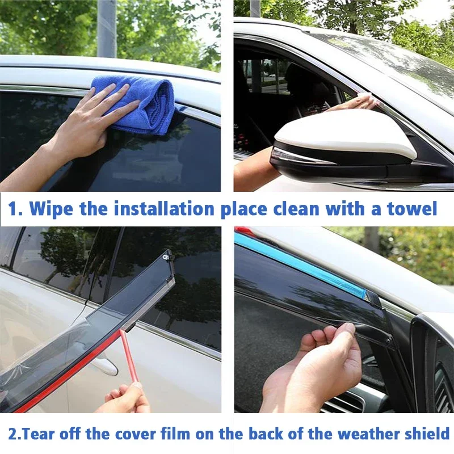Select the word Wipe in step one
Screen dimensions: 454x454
click(51, 208)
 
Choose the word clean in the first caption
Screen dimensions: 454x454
click(300, 208)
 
